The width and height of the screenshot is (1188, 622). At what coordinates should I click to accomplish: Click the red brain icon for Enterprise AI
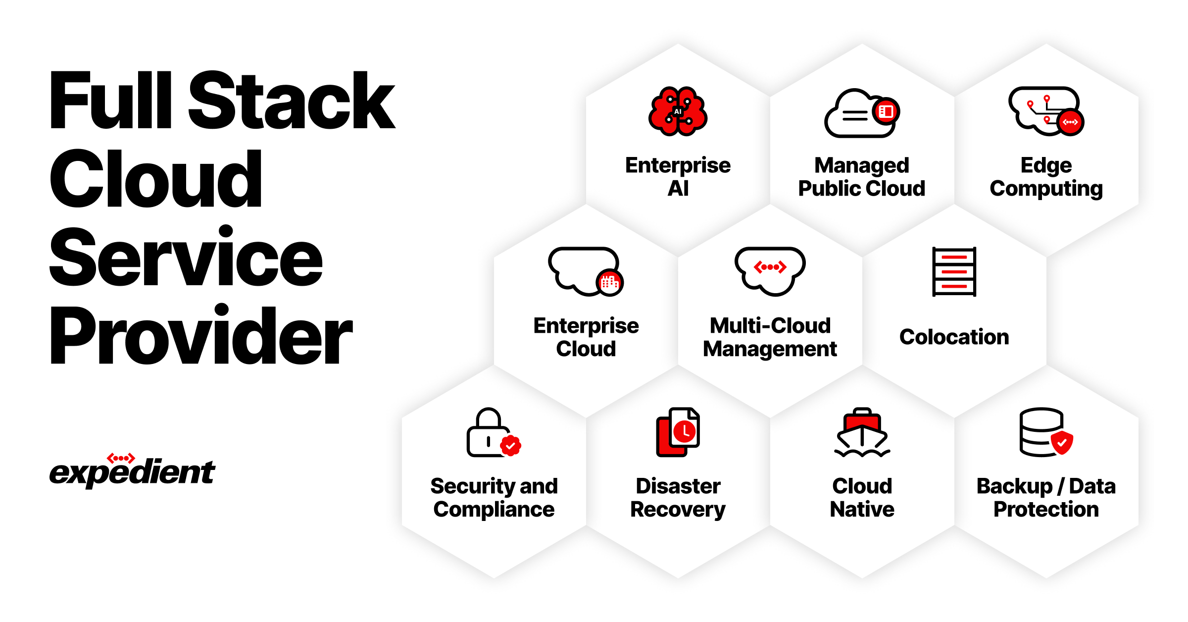click(x=678, y=111)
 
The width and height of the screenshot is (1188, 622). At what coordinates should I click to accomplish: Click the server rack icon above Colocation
click(x=954, y=272)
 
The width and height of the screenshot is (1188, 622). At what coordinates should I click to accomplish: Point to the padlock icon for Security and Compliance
click(x=490, y=432)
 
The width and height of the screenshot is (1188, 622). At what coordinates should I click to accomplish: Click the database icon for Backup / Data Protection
click(x=1042, y=432)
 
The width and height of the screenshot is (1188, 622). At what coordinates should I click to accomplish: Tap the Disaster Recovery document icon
click(x=678, y=432)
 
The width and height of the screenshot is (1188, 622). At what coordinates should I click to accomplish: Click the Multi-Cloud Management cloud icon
click(x=770, y=271)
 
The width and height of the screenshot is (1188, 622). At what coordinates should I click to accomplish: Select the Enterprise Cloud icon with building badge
click(x=585, y=271)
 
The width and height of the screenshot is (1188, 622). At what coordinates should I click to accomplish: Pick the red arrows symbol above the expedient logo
click(x=121, y=458)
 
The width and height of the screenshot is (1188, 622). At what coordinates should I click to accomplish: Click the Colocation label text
click(x=954, y=337)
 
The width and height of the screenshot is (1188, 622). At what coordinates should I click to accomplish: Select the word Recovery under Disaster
click(x=678, y=510)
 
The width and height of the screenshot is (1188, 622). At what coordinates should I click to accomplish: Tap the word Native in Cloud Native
click(x=862, y=510)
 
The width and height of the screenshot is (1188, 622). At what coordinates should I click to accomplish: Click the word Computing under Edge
click(x=1046, y=189)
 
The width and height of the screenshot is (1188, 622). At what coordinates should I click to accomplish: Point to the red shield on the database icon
click(x=1062, y=442)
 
